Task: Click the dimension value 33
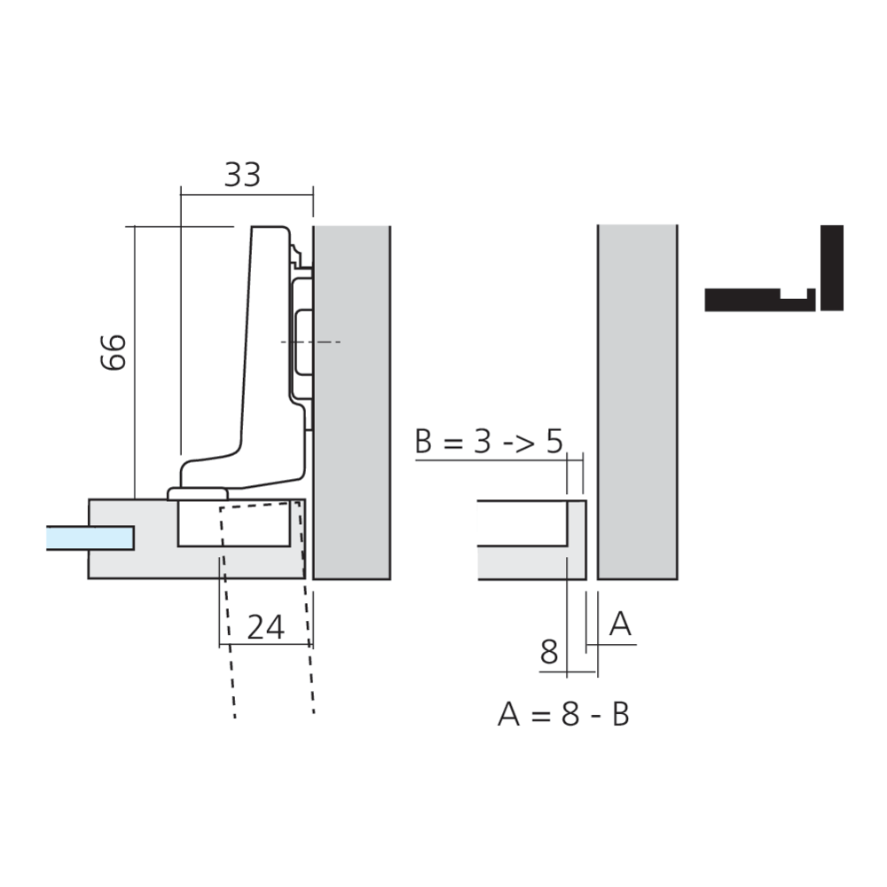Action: (242, 175)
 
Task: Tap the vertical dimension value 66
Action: (114, 352)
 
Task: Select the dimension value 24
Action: (266, 627)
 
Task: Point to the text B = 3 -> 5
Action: (489, 441)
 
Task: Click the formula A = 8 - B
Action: (563, 714)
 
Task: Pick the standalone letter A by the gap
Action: (620, 624)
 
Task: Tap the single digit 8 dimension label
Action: (549, 652)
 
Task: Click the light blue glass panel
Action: (90, 538)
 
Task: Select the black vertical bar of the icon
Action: (832, 268)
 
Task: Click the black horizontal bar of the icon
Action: (760, 301)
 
